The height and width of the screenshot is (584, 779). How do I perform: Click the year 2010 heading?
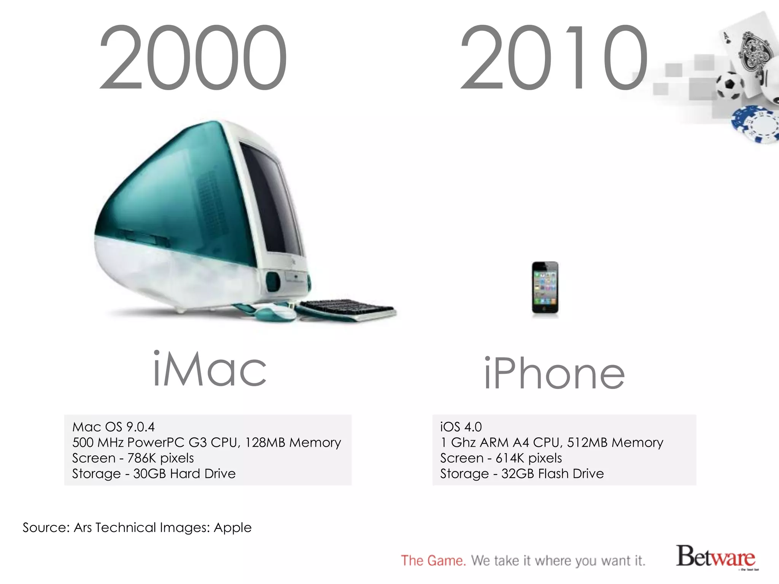click(x=554, y=58)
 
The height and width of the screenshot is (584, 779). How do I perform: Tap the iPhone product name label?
click(x=554, y=373)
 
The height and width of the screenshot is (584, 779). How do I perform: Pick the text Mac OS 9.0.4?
click(x=113, y=427)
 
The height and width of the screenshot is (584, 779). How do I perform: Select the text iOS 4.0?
click(x=461, y=427)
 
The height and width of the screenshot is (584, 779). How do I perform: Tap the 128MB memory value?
click(x=265, y=443)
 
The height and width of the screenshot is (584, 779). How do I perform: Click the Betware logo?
click(x=715, y=557)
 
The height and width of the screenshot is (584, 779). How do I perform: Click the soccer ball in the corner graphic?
click(x=730, y=85)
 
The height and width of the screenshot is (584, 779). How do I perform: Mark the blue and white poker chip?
click(x=755, y=125)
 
